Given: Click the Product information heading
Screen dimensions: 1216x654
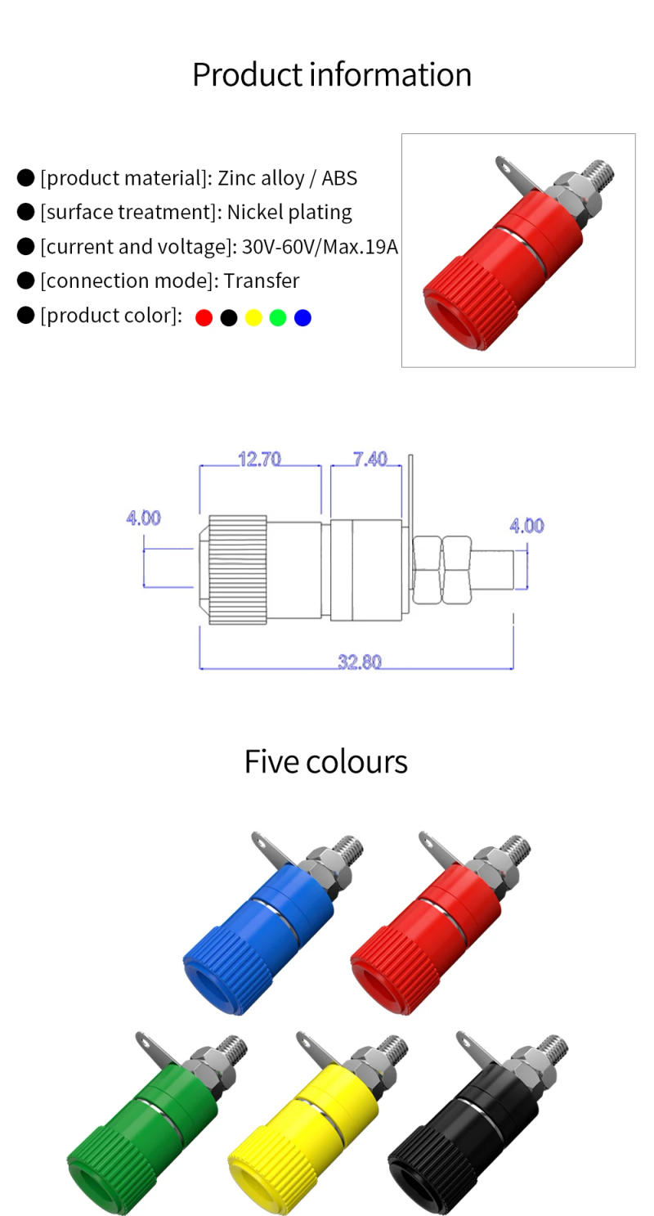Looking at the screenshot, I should (x=331, y=74).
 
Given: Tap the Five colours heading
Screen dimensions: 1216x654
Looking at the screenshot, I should (x=325, y=761).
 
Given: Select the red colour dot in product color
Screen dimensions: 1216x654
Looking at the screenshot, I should (x=204, y=317).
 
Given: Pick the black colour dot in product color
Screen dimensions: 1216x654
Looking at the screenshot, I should (x=229, y=317).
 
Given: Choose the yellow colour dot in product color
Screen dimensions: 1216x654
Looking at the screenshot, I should (x=253, y=317).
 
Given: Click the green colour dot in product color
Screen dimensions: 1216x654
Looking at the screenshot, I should (x=278, y=317).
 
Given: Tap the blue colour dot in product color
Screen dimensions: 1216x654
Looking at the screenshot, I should (x=302, y=317).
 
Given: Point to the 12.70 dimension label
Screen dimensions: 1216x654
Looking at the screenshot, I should (x=259, y=460).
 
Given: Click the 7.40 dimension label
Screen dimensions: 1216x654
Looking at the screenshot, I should (x=370, y=460).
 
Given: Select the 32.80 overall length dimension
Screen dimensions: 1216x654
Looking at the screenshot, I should (x=360, y=662).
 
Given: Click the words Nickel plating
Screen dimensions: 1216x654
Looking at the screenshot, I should (x=289, y=213).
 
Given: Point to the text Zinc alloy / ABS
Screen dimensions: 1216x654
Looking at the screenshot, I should (x=287, y=178).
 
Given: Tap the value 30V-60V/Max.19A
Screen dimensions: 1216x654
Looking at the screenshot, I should (x=320, y=247).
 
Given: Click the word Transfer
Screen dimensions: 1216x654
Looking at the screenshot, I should (x=262, y=281).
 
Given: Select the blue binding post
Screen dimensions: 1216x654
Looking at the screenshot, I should (x=262, y=928).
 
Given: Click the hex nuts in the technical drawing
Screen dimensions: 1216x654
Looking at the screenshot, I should (x=441, y=570).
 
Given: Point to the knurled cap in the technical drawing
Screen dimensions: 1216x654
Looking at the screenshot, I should (x=237, y=570).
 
